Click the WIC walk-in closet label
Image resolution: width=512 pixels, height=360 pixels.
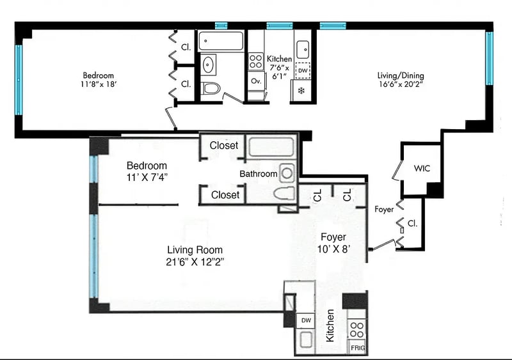[x=422, y=168]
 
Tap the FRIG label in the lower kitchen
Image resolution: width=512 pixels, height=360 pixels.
[x=358, y=348]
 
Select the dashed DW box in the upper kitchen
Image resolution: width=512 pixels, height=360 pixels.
[x=303, y=70]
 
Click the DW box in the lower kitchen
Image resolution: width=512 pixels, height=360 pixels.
[x=306, y=320]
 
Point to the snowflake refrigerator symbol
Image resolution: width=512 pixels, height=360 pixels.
[x=301, y=91]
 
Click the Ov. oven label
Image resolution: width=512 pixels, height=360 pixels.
[x=257, y=81]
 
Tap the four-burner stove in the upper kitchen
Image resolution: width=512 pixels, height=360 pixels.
[x=255, y=61]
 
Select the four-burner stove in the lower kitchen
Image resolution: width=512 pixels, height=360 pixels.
[x=356, y=330]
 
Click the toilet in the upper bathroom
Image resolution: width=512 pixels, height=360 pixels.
[x=211, y=88]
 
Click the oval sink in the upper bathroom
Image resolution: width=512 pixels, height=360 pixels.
[x=208, y=65]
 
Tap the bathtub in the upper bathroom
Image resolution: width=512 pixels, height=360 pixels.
[x=221, y=41]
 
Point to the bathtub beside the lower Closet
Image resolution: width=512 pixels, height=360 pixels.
[x=271, y=147]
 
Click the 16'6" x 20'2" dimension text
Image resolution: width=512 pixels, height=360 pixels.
[x=401, y=84]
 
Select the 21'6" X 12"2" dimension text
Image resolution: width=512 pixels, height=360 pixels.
[x=195, y=262]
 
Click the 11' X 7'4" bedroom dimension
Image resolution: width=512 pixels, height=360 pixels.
[x=147, y=177]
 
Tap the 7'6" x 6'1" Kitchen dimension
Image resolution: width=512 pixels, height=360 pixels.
[x=279, y=72]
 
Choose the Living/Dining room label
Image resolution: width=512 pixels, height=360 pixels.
[x=401, y=75]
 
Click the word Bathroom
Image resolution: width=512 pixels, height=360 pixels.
[x=259, y=174]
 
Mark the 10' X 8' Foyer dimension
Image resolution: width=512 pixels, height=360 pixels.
[x=333, y=249]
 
